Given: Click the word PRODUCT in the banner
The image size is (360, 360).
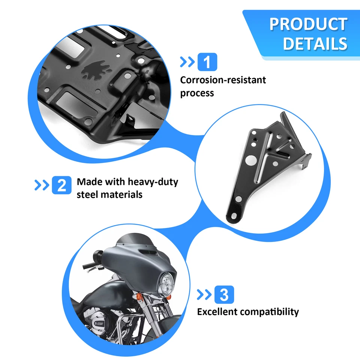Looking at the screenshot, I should (x=308, y=24).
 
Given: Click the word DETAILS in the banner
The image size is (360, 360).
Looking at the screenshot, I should (x=315, y=43).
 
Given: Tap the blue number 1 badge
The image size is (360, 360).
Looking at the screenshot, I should (x=207, y=62).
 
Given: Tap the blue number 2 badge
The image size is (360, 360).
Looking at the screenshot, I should (x=61, y=185).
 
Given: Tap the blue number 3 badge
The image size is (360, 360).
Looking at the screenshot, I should (x=224, y=295).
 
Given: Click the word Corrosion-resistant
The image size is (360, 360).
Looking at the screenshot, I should (x=223, y=80).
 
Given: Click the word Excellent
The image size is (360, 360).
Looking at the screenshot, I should (x=217, y=312).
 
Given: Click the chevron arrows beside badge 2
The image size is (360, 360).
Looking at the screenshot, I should (x=42, y=185).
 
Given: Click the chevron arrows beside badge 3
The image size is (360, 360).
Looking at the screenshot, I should (x=204, y=295).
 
